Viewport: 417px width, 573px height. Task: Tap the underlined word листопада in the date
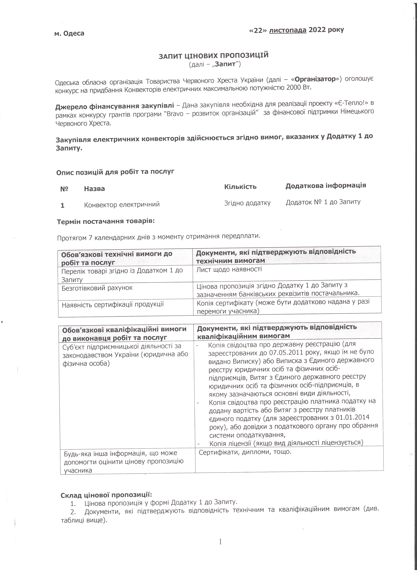pyautogui.click(x=287, y=30)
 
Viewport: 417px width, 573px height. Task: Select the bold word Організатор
pyautogui.click(x=315, y=79)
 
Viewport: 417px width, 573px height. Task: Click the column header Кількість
pyautogui.click(x=240, y=187)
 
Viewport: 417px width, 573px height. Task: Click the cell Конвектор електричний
pyautogui.click(x=122, y=204)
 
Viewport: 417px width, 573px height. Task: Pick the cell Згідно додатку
pyautogui.click(x=247, y=203)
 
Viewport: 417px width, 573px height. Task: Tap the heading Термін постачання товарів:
pyautogui.click(x=106, y=221)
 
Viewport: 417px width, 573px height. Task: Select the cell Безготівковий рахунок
pyautogui.click(x=97, y=288)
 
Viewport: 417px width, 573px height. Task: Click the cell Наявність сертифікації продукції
pyautogui.click(x=113, y=305)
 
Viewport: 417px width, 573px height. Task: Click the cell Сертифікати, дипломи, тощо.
pyautogui.click(x=245, y=452)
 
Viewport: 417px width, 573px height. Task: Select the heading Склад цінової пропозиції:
pyautogui.click(x=106, y=495)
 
